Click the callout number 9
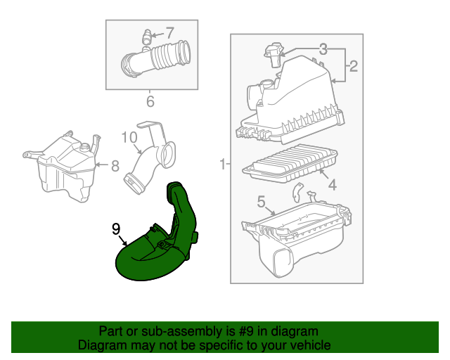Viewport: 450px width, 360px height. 117,228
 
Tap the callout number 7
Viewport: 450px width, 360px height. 169,32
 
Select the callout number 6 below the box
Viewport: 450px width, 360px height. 150,102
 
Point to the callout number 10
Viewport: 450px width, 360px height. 130,136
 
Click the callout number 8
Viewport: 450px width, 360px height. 115,166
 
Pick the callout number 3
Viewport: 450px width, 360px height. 323,49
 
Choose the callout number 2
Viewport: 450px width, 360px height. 353,67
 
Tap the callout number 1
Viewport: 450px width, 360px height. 221,165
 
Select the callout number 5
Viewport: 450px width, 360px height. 261,202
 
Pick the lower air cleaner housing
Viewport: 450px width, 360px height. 295,236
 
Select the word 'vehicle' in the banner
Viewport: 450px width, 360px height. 308,345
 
